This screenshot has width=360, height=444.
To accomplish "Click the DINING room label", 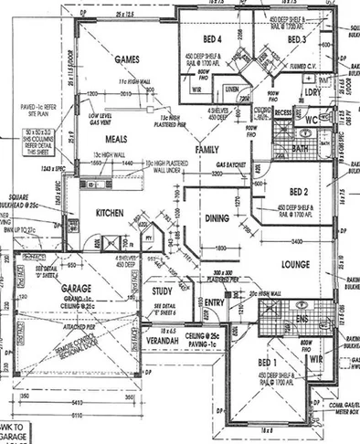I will (x=217, y=218).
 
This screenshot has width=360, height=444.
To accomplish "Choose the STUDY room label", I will (x=164, y=291).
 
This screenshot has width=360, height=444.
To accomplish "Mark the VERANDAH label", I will (x=167, y=340).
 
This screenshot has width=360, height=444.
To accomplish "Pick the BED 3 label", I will (x=295, y=40).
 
